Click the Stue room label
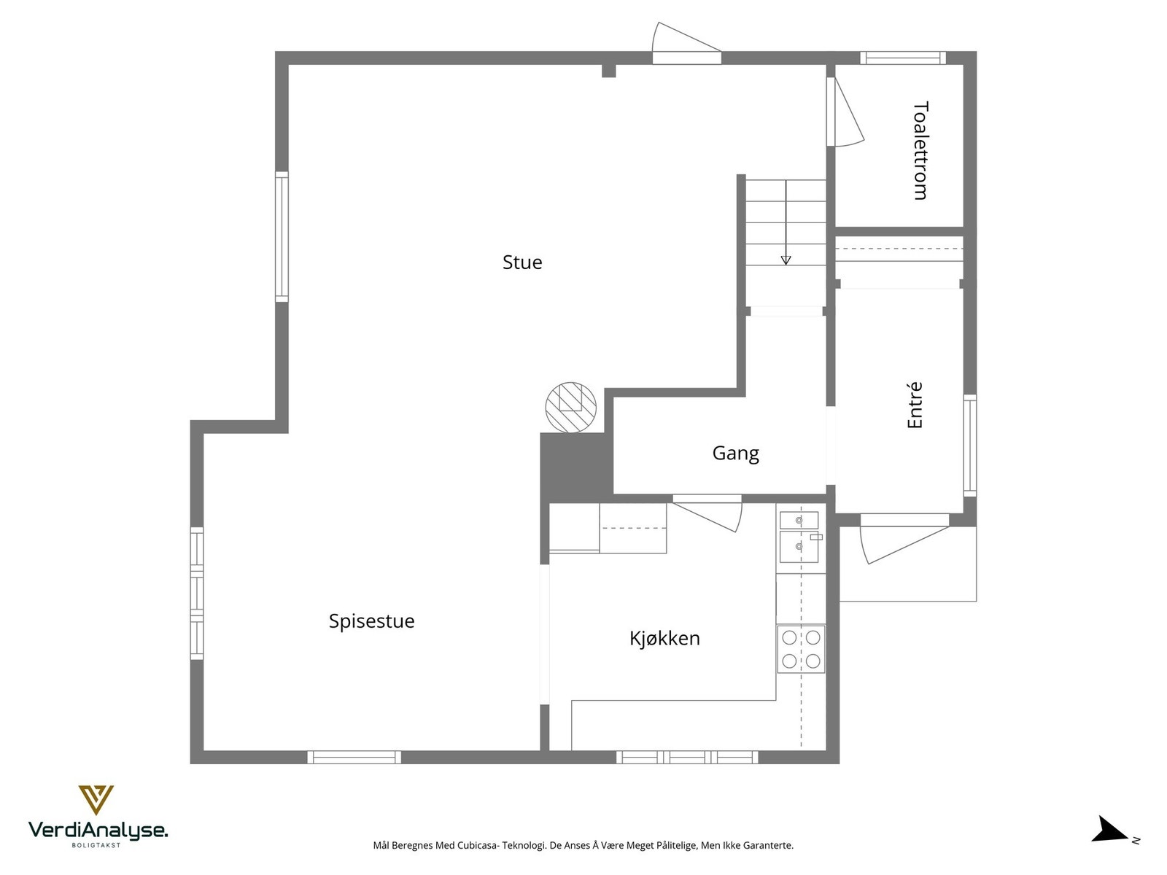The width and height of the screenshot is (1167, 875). pos(522,262)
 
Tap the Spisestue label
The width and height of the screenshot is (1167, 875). pos(371,621)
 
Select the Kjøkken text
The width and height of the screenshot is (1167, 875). pos(664,639)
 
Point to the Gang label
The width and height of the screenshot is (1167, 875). pos(735,454)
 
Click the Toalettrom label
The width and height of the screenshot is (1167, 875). pos(920,151)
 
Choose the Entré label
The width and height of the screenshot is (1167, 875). pos(915,405)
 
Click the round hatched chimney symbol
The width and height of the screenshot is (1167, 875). pos(571,408)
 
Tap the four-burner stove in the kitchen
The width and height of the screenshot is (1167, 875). pos(801,649)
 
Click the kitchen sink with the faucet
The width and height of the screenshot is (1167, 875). pos(799,548)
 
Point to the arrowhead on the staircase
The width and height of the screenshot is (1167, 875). pos(786,260)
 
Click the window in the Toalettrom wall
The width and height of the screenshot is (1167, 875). pos(903,58)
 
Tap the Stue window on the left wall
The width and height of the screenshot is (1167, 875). pos(282,236)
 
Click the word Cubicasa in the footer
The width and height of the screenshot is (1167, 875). pos(478,846)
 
